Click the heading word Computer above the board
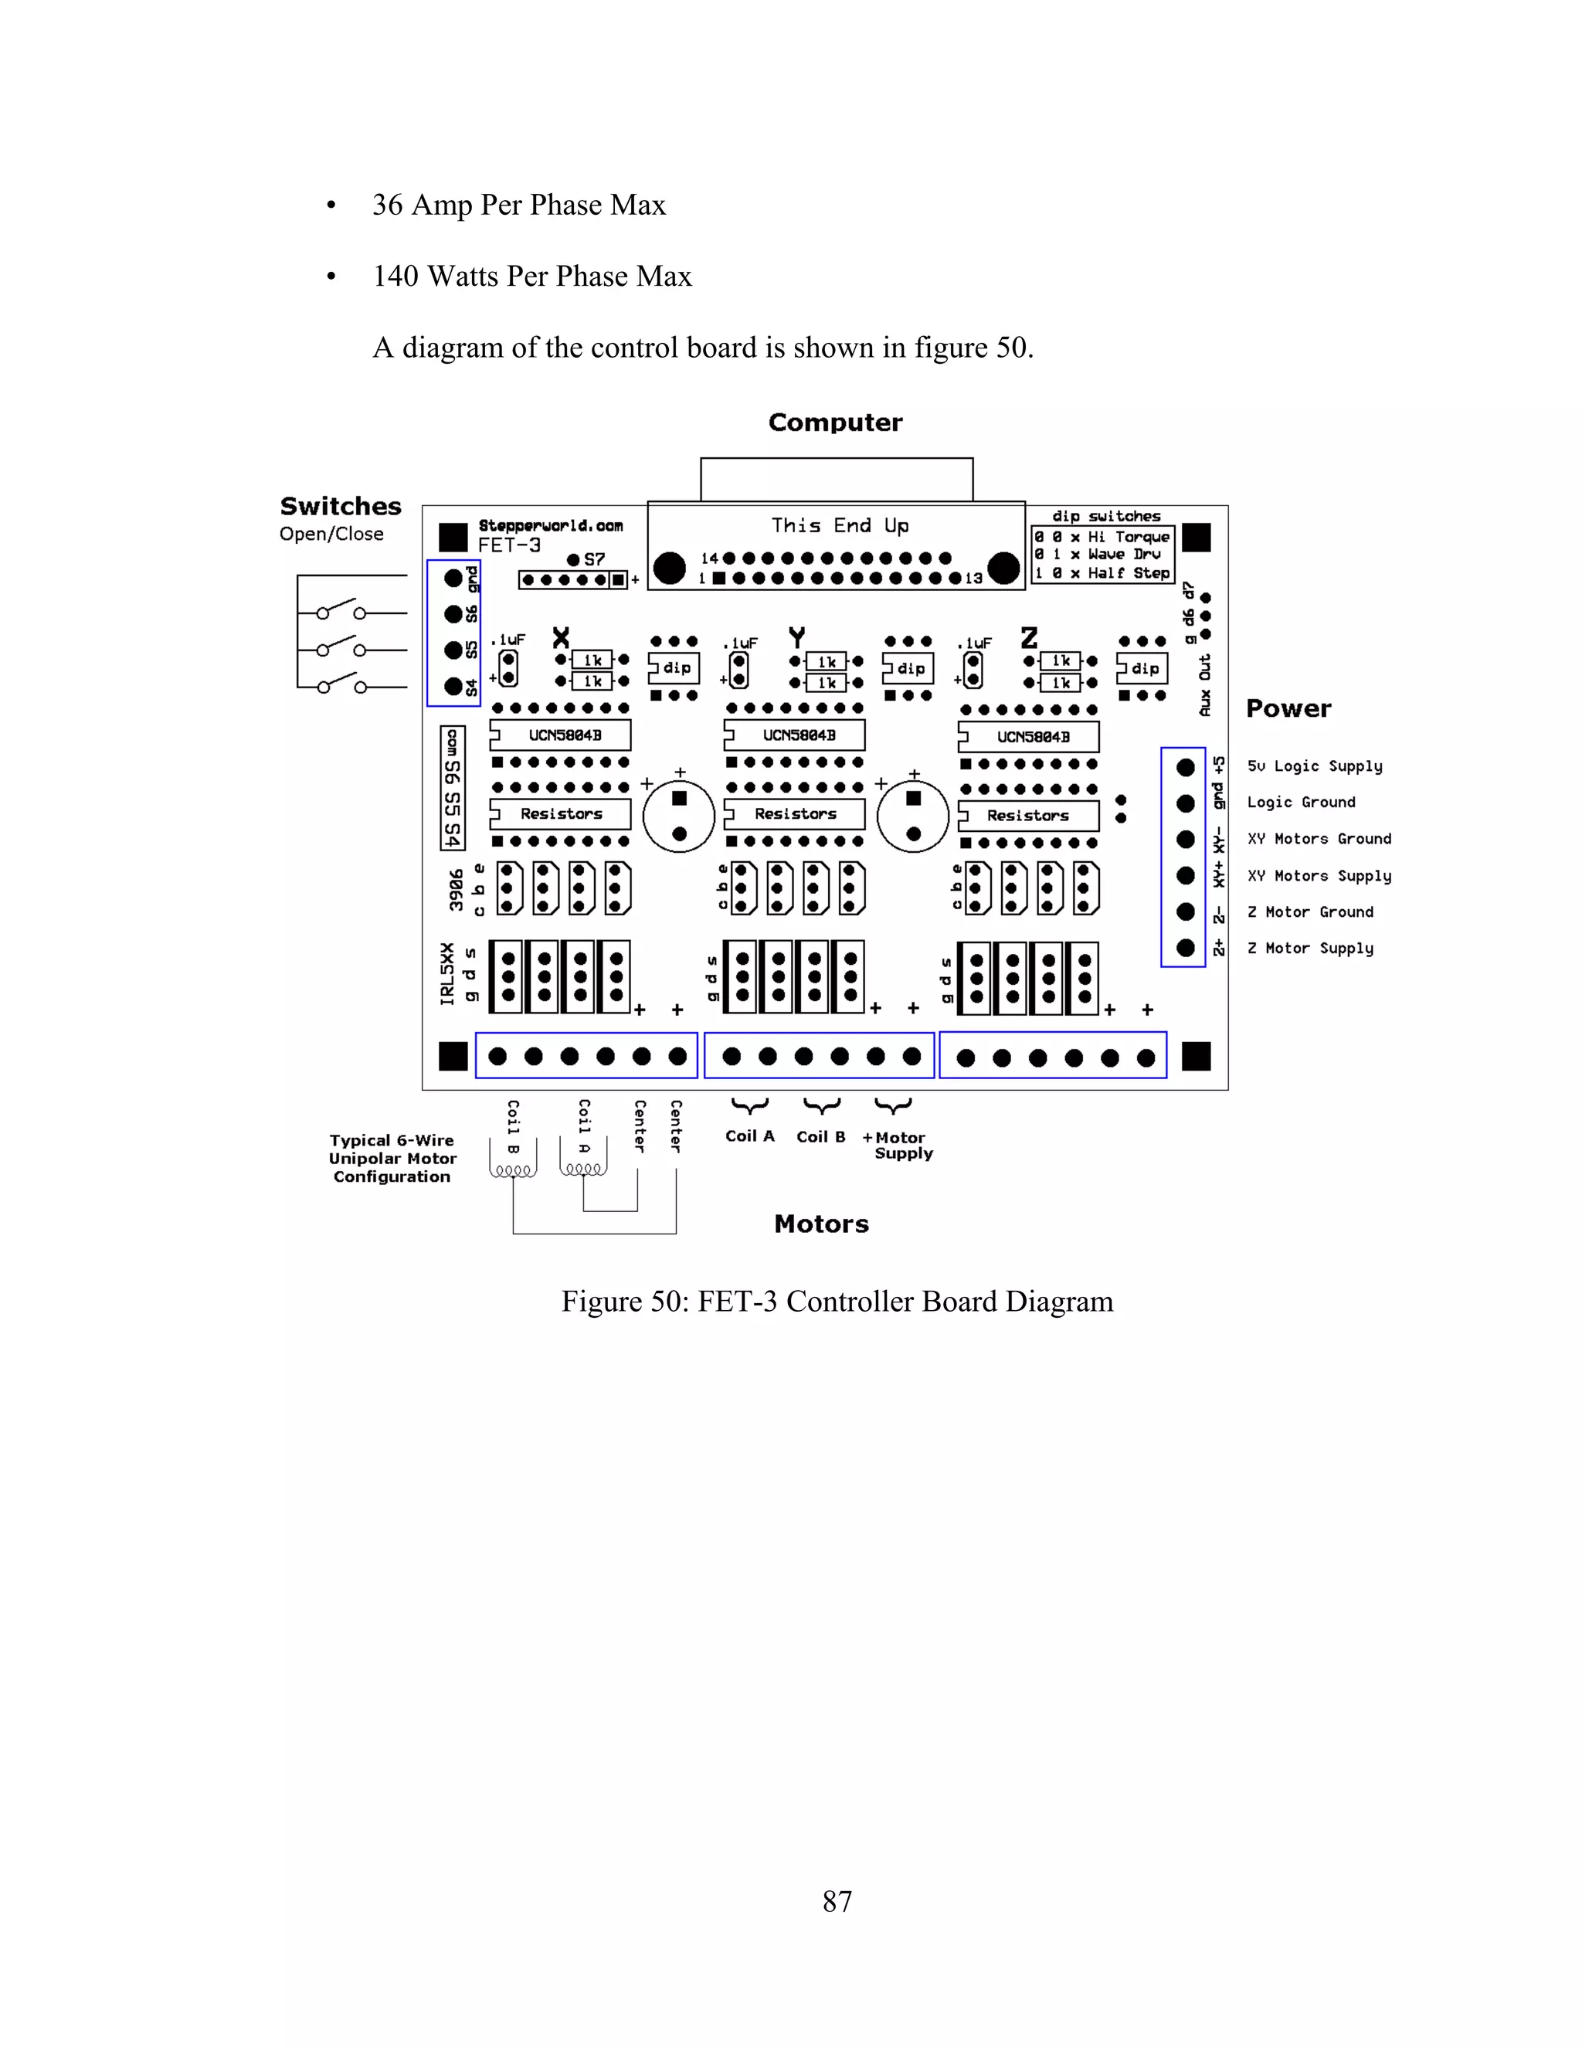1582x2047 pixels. click(834, 423)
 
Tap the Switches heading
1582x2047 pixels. click(340, 506)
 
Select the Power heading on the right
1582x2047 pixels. click(1288, 708)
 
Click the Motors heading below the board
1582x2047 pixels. click(821, 1224)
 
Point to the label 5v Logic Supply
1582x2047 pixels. click(1314, 766)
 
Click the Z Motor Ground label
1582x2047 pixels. click(1309, 912)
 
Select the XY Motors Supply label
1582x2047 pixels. click(1319, 875)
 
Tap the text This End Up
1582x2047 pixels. click(840, 526)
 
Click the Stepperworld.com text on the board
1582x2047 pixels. click(550, 526)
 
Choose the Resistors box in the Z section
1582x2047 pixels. click(1028, 816)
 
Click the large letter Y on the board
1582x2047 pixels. click(796, 638)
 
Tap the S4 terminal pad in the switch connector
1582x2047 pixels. click(453, 686)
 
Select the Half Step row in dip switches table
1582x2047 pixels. click(1102, 572)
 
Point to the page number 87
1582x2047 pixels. click(837, 1902)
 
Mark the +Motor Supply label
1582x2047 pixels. click(896, 1146)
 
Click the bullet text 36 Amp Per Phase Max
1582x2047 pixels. click(518, 205)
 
